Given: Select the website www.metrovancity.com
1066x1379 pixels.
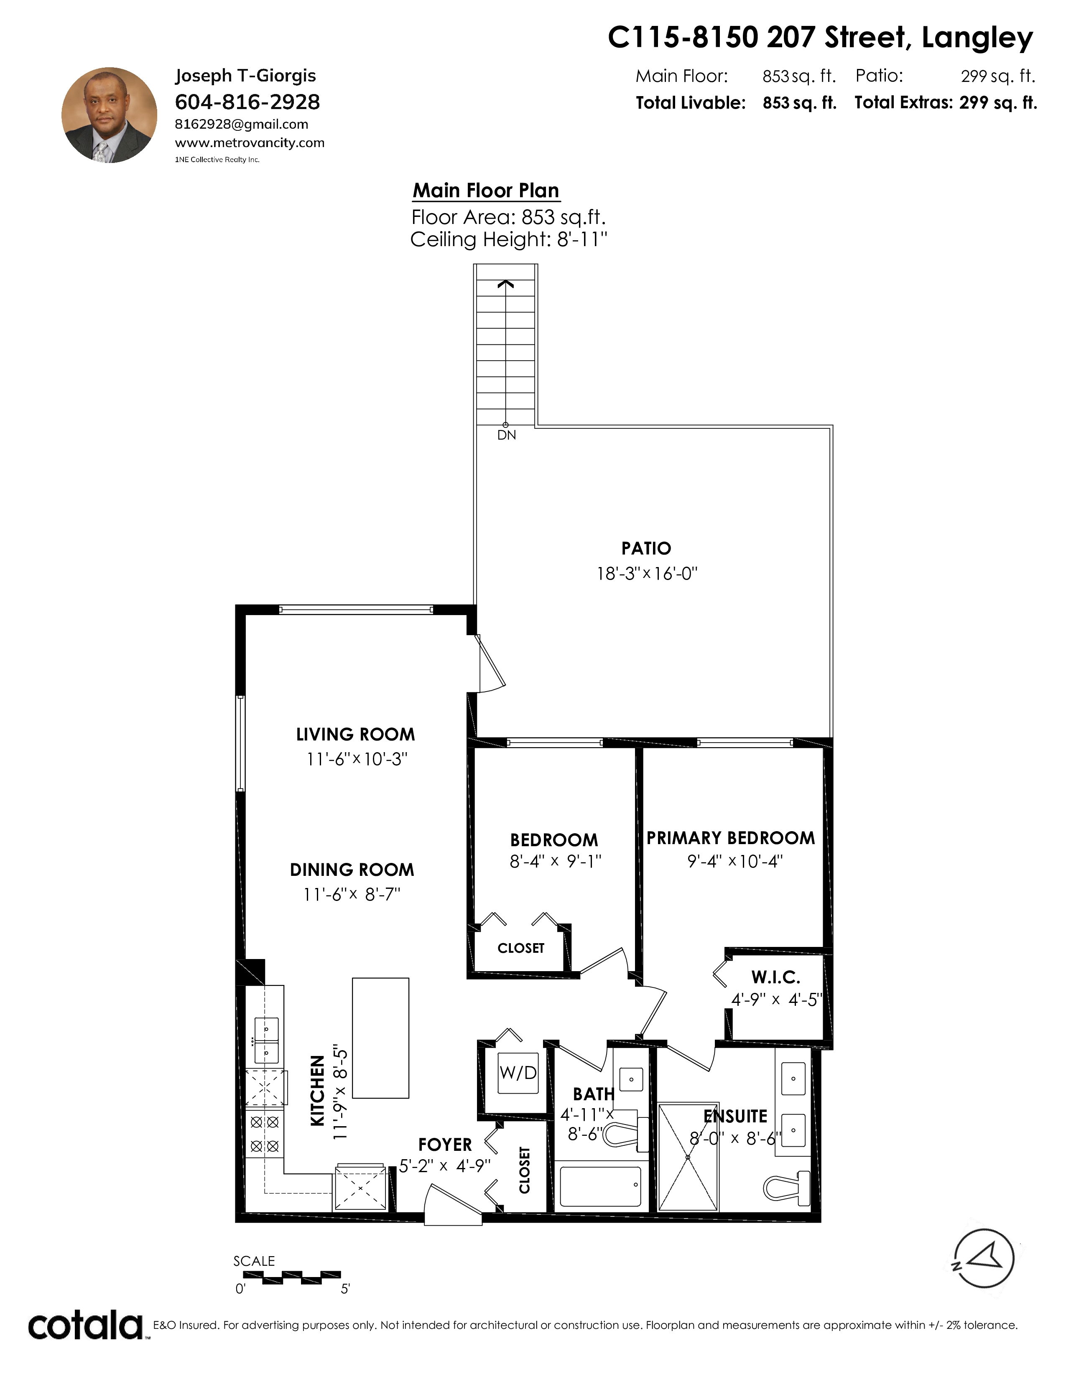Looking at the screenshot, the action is click(x=250, y=142).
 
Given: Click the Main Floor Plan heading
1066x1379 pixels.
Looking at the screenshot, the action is click(x=486, y=190).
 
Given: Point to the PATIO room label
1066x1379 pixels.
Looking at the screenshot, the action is click(x=646, y=548).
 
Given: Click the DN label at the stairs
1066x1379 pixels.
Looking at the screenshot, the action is click(x=507, y=435).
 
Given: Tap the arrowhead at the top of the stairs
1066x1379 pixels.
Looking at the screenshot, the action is click(x=505, y=284).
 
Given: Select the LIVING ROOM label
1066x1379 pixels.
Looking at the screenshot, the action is click(x=356, y=734).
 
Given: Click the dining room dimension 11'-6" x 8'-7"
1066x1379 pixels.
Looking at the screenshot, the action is click(x=352, y=894).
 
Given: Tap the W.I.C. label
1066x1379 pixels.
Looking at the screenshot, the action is click(x=775, y=977).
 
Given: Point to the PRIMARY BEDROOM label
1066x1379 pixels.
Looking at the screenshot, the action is click(x=731, y=838).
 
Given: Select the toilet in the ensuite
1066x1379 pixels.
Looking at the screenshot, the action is click(x=786, y=1186).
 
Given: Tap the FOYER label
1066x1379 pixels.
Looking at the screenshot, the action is click(x=445, y=1145).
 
